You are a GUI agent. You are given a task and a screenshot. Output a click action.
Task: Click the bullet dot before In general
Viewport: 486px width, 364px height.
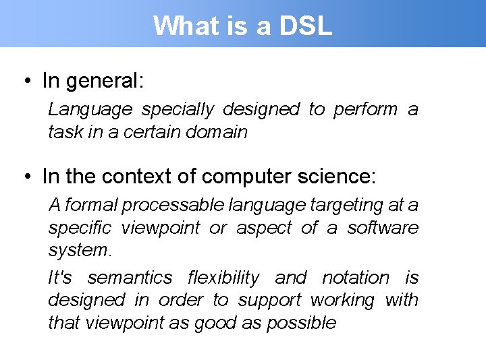(x=26, y=81)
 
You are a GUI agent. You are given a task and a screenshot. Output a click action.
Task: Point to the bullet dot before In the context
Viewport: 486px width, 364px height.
(x=26, y=177)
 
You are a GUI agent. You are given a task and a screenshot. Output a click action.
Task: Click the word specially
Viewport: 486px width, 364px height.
(x=178, y=109)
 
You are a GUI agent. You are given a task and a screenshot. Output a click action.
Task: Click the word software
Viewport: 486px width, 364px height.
(x=383, y=228)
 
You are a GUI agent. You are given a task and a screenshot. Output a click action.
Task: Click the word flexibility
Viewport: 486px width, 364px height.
(x=223, y=278)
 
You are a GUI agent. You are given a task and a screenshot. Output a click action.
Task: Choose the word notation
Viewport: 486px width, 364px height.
(x=356, y=278)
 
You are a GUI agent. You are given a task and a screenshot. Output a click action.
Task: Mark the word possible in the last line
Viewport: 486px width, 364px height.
(x=301, y=323)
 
